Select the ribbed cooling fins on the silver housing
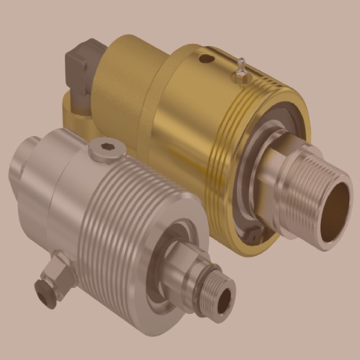(122, 216)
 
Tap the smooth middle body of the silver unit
(61, 187)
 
